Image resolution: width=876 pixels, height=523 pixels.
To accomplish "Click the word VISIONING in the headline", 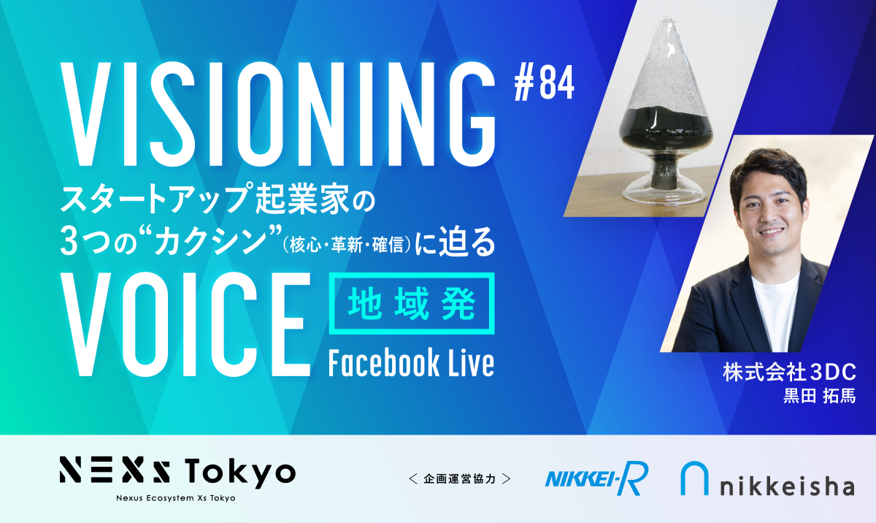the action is tap(278, 114).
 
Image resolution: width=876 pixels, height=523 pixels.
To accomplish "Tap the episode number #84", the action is tap(545, 83).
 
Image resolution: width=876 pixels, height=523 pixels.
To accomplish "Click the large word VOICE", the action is tap(185, 324).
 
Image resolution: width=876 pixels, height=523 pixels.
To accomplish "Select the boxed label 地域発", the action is tap(412, 304).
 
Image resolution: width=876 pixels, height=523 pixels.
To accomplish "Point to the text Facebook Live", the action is tap(412, 362).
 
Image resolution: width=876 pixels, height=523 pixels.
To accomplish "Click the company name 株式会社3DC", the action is tap(790, 372).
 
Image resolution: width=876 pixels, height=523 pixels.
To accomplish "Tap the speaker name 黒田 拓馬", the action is tap(820, 396).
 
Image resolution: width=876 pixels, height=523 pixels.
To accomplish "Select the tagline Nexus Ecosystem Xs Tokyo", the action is tap(176, 498).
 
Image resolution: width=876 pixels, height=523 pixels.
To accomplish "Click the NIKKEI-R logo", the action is tap(596, 478).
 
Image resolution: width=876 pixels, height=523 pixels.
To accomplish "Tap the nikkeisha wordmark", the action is tap(787, 486).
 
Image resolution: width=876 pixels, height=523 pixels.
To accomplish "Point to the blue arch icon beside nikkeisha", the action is tap(694, 478).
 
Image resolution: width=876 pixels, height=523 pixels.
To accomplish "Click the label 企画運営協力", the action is tap(460, 478).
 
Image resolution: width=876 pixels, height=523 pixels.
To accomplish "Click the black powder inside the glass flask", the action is tap(665, 125).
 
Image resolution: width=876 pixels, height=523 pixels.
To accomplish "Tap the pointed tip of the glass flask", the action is tap(667, 18).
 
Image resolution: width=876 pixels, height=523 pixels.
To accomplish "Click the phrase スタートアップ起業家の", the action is tap(218, 199).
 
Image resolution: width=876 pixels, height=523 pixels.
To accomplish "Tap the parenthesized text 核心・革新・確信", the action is tap(347, 245).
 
